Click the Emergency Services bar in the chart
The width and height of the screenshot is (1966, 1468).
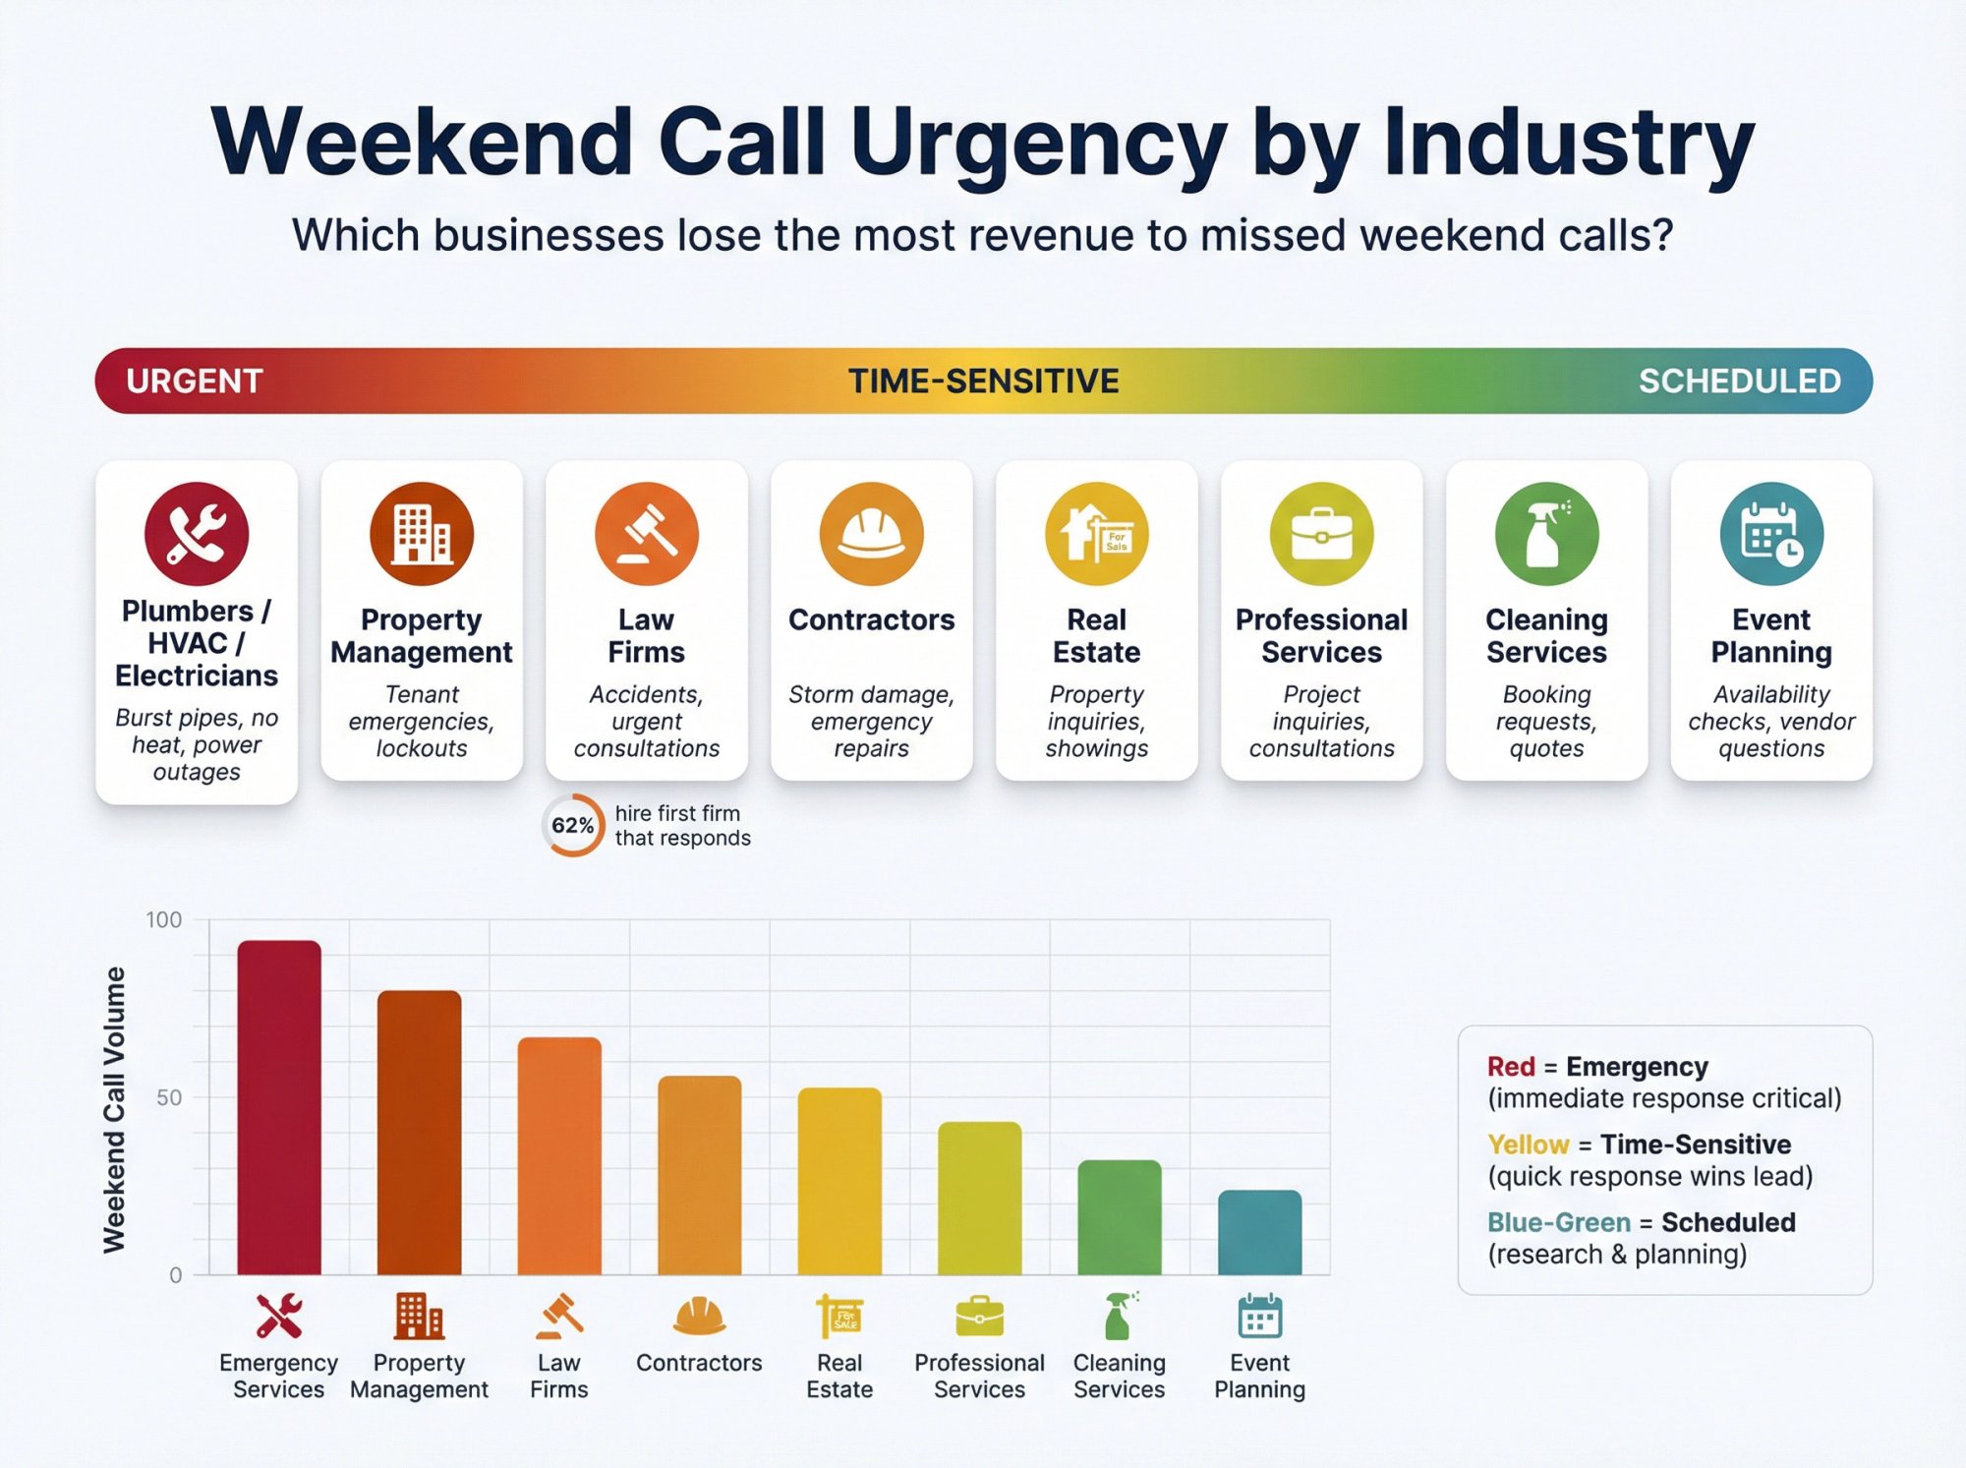pos(279,1108)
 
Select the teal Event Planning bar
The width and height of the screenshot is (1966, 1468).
pos(1259,1233)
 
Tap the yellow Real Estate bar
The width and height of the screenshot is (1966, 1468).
pos(839,1182)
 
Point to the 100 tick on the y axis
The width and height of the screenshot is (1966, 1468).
pos(164,920)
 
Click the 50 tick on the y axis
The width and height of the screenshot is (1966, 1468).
pos(169,1097)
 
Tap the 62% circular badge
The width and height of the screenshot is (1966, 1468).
pos(572,825)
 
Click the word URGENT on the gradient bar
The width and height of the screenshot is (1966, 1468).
pos(195,382)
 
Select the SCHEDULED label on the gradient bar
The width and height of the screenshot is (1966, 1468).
pos(1739,382)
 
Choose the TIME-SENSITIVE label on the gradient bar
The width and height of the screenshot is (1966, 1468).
pos(983,382)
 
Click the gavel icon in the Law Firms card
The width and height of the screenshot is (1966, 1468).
pos(647,534)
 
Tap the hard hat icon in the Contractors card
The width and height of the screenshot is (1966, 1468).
pos(872,534)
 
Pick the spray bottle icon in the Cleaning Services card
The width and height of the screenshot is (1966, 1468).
pos(1546,534)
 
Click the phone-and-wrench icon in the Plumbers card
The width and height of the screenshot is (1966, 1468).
pos(197,534)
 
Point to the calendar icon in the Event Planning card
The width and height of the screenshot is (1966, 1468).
pos(1771,534)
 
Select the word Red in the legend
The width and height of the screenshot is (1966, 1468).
pos(1511,1067)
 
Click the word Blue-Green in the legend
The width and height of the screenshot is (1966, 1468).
pos(1558,1222)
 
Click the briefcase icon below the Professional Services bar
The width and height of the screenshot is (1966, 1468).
pos(980,1317)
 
